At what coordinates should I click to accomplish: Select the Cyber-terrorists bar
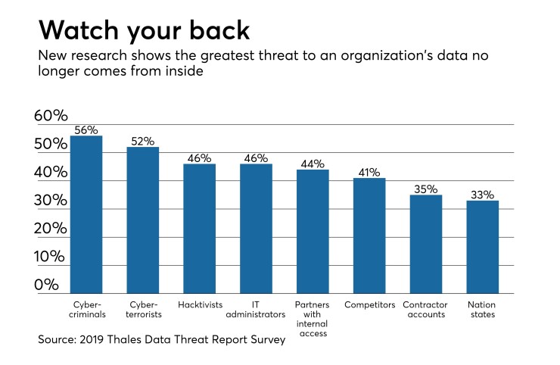click(x=142, y=220)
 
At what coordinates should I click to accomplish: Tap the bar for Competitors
click(x=369, y=236)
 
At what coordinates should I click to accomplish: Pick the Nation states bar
click(x=482, y=247)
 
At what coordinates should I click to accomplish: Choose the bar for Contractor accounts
click(x=425, y=244)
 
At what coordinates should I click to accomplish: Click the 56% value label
click(x=86, y=130)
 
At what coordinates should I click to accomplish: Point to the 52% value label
click(x=142, y=142)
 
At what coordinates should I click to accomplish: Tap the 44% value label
click(x=312, y=164)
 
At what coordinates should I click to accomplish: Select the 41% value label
click(x=369, y=173)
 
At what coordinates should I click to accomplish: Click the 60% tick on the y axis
click(x=51, y=116)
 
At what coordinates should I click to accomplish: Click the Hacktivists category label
click(x=199, y=304)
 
